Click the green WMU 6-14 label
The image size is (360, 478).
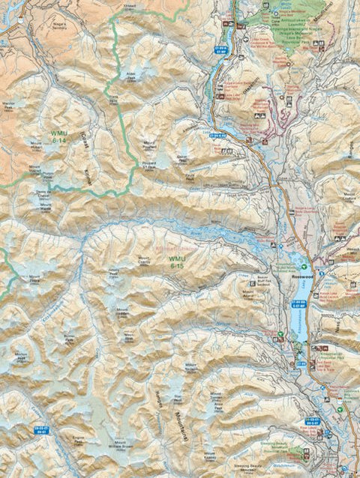[58, 136]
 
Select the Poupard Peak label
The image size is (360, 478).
[149, 160]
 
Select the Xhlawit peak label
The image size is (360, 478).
[130, 4]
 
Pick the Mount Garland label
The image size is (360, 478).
[348, 196]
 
